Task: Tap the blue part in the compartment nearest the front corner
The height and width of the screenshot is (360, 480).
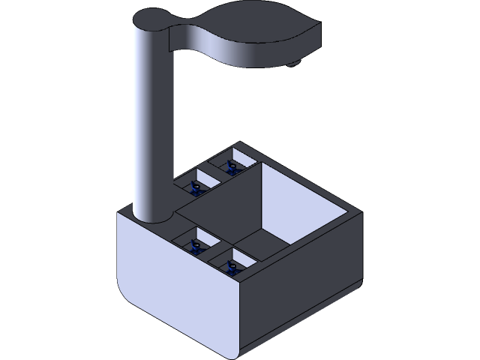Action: tap(232, 267)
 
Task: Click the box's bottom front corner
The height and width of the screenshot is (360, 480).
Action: tap(239, 352)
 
